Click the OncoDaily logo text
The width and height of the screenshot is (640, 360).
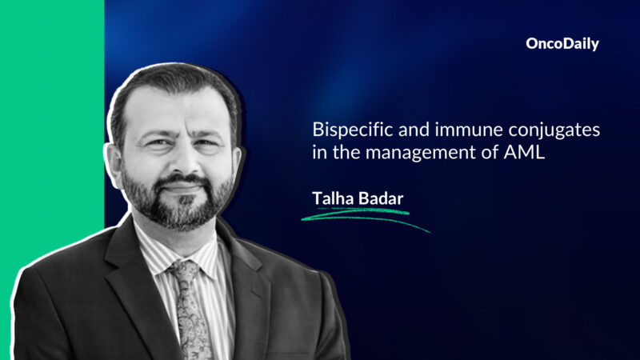point(562,45)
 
